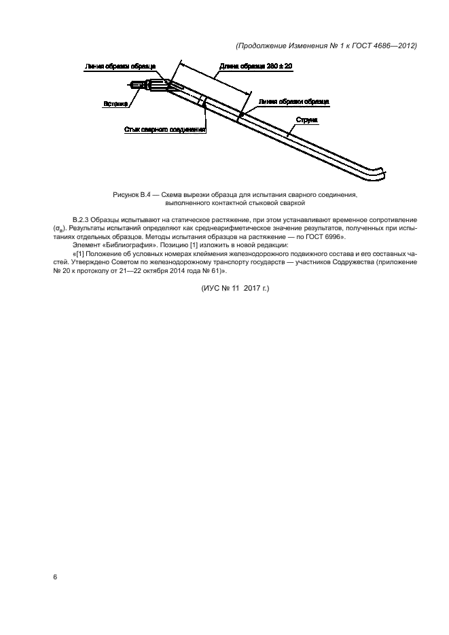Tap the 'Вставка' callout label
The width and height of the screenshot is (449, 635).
click(x=115, y=104)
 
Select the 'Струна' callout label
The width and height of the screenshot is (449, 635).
click(x=306, y=120)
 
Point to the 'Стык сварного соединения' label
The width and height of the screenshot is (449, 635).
click(x=165, y=128)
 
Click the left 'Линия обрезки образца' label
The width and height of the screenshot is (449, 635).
click(x=120, y=67)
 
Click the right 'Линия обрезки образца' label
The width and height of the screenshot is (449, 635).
click(x=293, y=101)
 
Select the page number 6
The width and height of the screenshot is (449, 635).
click(x=55, y=577)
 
